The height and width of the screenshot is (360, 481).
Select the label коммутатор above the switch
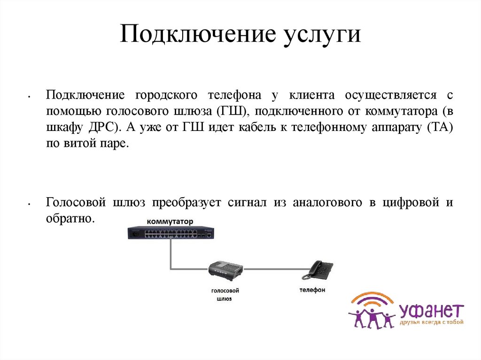[170, 221]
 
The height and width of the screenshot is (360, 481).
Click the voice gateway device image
[225, 270]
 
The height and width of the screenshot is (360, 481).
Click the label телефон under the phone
[312, 290]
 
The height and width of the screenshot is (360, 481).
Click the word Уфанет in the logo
[431, 311]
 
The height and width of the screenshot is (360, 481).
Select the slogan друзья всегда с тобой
[431, 322]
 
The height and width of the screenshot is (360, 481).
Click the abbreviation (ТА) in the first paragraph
[441, 128]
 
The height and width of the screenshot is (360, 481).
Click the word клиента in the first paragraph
[311, 95]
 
